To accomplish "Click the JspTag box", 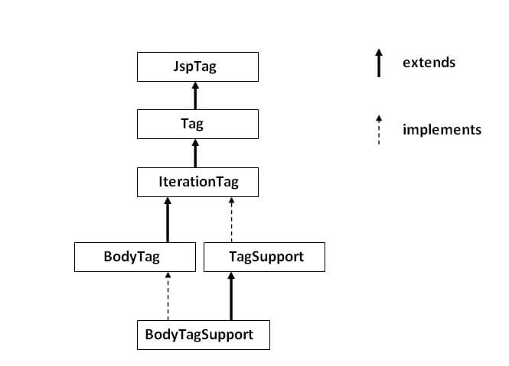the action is (197, 66).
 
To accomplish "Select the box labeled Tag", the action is (197, 124).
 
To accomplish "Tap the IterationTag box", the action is (197, 182).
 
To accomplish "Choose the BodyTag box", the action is (135, 257).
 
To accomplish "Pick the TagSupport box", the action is (264, 257).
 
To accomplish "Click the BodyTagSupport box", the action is (204, 335).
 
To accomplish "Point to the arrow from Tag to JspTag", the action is (195, 96).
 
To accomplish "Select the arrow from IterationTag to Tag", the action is (195, 154).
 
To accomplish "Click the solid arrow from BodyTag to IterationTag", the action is (168, 220).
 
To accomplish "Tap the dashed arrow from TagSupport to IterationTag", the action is (231, 220).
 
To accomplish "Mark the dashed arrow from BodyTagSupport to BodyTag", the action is (168, 296).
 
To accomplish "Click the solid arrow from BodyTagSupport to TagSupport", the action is (231, 296).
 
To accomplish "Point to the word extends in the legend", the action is (429, 63).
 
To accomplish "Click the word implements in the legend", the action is (442, 130).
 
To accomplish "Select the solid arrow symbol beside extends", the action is (379, 63).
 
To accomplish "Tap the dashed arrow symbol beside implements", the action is (379, 130).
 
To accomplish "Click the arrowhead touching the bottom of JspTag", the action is (195, 86).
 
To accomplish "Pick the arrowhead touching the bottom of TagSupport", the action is (231, 276).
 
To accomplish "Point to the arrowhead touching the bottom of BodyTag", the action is (168, 275).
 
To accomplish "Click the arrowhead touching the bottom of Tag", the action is (195, 143).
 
